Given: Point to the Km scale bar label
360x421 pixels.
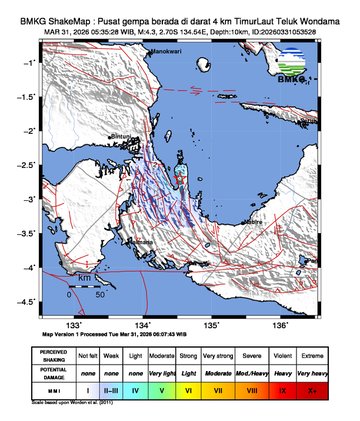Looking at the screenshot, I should tap(87, 276).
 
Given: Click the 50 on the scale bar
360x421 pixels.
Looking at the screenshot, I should tap(100, 295).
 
